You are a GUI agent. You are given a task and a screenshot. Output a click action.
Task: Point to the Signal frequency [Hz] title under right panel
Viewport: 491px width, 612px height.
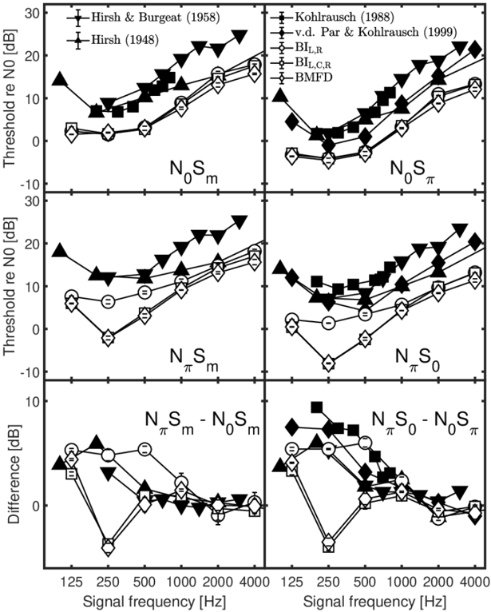[x=374, y=600]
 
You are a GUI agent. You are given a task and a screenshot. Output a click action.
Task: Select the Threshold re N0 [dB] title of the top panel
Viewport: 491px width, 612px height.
[x=14, y=100]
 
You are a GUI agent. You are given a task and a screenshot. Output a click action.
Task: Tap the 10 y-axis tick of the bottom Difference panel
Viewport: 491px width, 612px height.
[x=33, y=402]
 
